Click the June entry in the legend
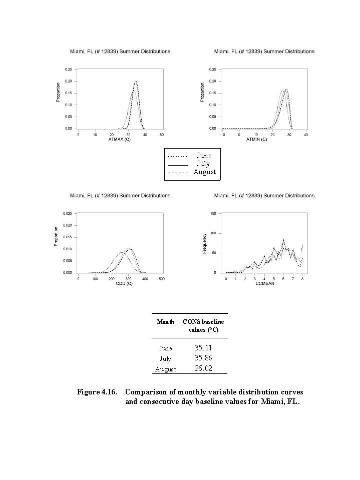coord(204,156)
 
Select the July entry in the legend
coord(203,164)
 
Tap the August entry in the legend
coord(204,172)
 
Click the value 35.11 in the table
coord(203,348)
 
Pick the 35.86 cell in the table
coord(203,358)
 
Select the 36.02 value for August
coord(203,369)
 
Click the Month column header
coord(165,321)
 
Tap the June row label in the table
coord(165,348)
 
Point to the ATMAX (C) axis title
coord(120,139)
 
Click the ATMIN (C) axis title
coord(257,139)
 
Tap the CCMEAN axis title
coord(264,284)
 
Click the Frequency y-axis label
coord(204,243)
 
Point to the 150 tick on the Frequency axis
coord(213,213)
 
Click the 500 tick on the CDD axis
coord(162,279)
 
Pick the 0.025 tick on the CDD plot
coord(67,213)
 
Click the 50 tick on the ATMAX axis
coord(162,135)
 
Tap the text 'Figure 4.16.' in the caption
coord(97,391)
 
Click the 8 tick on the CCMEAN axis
coord(302,279)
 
